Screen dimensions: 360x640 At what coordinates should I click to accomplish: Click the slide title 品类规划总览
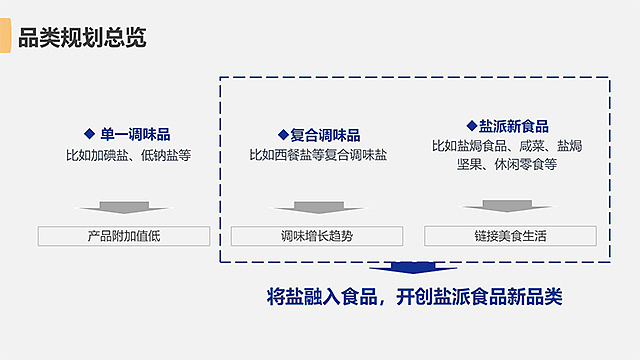83,38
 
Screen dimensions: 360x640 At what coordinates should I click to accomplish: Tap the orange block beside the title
6,38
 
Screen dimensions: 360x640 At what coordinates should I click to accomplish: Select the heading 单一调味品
133,134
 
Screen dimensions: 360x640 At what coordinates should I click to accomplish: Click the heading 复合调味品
325,134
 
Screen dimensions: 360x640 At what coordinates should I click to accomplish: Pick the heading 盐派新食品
513,126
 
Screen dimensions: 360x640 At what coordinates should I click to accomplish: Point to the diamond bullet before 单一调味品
89,134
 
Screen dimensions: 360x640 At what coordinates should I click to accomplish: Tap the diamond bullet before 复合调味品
283,134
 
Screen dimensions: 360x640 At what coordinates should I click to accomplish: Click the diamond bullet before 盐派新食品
472,126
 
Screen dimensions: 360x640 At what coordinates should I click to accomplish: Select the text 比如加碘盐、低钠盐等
128,155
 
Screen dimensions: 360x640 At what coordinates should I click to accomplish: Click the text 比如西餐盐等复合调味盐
318,155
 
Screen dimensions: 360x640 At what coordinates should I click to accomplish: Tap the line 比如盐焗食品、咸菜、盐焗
507,146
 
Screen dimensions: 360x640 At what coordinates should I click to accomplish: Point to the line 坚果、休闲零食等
507,164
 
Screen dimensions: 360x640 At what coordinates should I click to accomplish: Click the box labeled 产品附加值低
124,237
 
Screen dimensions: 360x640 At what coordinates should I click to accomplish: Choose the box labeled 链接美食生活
510,237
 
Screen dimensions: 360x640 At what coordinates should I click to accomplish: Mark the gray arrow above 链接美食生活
510,206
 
